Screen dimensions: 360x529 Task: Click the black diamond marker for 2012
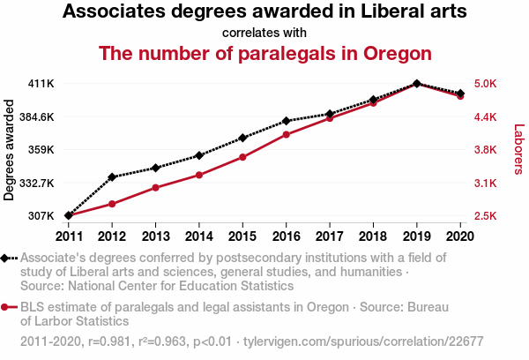tap(112, 176)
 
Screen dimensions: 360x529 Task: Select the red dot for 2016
tap(286, 134)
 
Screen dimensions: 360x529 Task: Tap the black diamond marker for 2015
tap(242, 138)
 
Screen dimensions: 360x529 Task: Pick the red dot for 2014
tap(199, 175)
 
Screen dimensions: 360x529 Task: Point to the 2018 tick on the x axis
tap(373, 236)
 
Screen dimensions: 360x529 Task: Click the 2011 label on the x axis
tap(69, 236)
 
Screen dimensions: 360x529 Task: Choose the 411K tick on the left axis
tap(41, 84)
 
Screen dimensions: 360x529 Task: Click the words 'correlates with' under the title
tap(264, 34)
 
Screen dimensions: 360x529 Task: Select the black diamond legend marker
tap(6, 258)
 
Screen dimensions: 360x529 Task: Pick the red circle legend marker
tap(6, 307)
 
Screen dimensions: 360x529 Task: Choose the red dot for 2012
tap(112, 204)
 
